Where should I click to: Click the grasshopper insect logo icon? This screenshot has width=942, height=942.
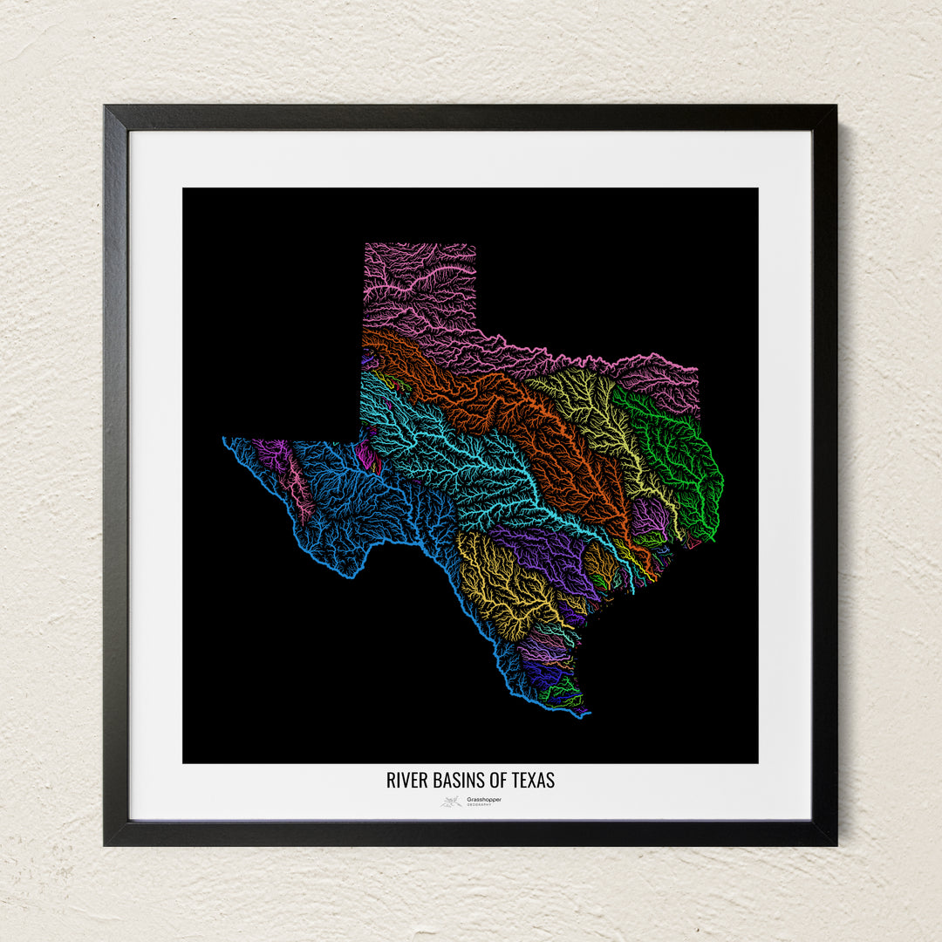click(451, 802)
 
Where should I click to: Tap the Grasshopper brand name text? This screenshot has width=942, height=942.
click(484, 799)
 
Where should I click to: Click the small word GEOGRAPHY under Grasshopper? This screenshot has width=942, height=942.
click(479, 805)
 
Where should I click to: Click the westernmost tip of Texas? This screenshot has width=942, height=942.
click(224, 439)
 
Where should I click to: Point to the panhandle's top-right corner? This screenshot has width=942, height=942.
click(475, 244)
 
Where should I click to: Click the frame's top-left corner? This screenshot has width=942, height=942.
click(106, 107)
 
